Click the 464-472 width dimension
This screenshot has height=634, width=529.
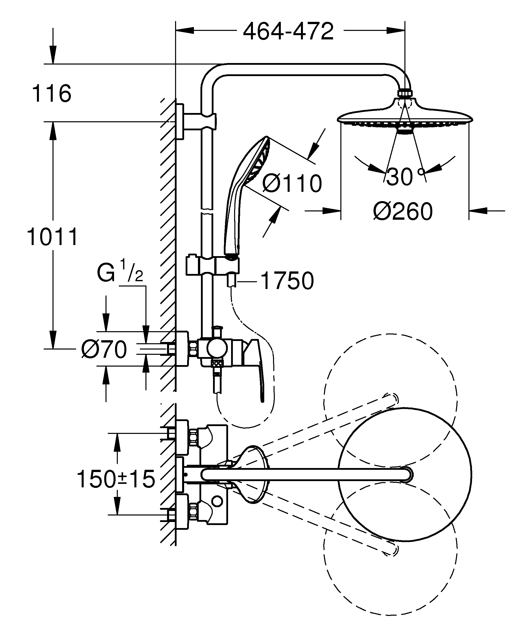(288, 31)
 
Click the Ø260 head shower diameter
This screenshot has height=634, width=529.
(403, 212)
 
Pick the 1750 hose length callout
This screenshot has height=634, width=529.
(287, 281)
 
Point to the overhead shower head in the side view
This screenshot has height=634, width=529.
(405, 116)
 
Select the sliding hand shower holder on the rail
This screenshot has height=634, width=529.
(211, 266)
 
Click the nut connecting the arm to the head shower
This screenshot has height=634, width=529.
(405, 93)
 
